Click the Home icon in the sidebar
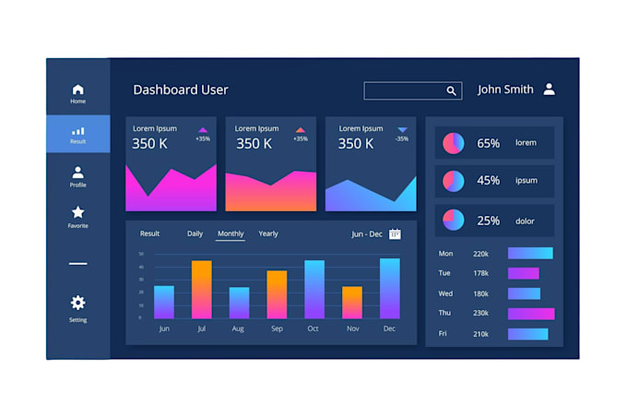point(77,90)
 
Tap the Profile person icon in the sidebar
point(77,172)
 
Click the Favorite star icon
point(77,212)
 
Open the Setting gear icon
point(77,303)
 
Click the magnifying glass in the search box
point(452,90)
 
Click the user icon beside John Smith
point(549,90)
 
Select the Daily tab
point(195,233)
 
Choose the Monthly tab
point(231,233)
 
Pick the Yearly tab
point(268,233)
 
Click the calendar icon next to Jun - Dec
point(395,234)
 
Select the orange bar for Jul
point(202,290)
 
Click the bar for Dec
point(389,288)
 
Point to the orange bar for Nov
point(352,303)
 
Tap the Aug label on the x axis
point(238,328)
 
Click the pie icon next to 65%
point(454,143)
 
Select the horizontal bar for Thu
point(530,314)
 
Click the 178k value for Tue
point(480,273)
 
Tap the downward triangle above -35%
point(402,130)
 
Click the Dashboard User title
point(181,90)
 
